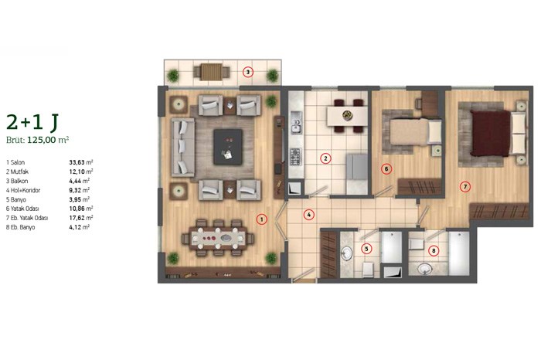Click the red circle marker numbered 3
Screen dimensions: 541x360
click(248, 73)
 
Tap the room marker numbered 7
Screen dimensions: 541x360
click(465, 187)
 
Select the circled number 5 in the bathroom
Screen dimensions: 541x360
click(366, 249)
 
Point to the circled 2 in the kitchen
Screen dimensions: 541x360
click(325, 158)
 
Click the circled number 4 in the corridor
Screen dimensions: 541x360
click(309, 216)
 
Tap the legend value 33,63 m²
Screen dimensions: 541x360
click(81, 162)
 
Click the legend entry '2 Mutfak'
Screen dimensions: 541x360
click(17, 172)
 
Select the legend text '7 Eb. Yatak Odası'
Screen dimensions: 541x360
click(27, 218)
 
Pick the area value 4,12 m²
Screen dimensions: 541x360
click(80, 227)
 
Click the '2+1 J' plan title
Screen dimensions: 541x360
click(32, 122)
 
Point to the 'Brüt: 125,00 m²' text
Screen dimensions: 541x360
click(38, 140)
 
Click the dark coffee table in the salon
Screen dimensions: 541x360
click(228, 147)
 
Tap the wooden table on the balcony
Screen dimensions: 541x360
click(211, 72)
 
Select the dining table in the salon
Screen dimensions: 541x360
click(219, 238)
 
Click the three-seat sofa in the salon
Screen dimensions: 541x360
click(183, 148)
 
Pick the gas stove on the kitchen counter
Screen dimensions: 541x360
click(296, 157)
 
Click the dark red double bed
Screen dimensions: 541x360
click(490, 133)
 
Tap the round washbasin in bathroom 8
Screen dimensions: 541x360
click(425, 268)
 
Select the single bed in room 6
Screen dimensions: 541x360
click(416, 131)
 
